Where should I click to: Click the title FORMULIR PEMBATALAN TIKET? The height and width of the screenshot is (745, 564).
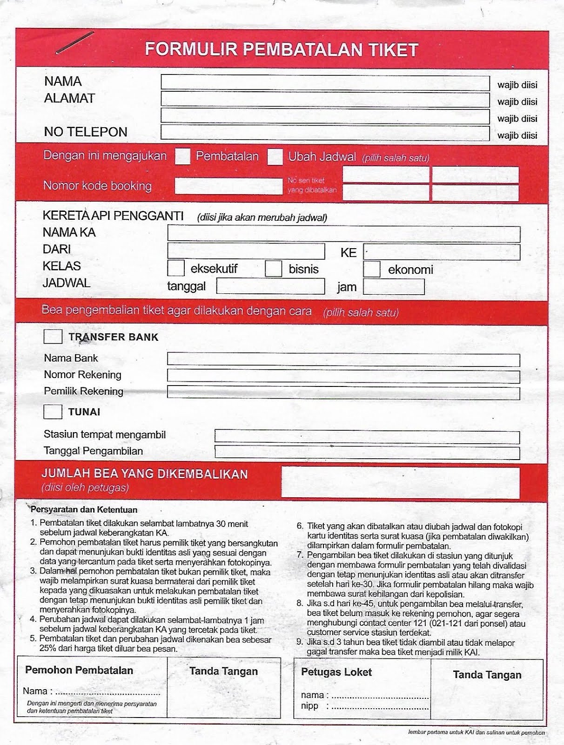coord(282,50)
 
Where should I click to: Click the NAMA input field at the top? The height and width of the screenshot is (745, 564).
coord(325,83)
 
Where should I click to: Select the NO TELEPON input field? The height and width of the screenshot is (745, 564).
coord(325,133)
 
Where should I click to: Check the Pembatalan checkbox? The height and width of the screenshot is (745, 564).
coord(182,156)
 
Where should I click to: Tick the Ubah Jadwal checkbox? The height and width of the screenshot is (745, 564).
coord(275,157)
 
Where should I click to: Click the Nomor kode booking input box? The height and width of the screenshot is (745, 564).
coord(228,186)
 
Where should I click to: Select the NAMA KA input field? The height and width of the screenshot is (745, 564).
coord(343,234)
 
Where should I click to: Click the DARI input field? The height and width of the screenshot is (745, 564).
coord(246,251)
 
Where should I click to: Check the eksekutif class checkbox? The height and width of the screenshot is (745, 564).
coord(176,269)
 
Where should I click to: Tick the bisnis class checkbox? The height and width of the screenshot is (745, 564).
coord(274,269)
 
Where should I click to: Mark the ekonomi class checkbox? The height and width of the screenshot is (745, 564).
coord(372,269)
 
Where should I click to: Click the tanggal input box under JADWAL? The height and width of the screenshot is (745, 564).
coord(270,286)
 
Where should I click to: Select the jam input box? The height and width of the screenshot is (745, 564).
coord(394,287)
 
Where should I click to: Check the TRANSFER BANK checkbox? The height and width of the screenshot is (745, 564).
coord(53,337)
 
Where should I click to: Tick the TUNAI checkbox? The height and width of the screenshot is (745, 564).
coord(53,412)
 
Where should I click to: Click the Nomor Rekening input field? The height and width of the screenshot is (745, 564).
coord(343,376)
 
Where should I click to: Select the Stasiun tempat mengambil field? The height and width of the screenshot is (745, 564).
coord(367,437)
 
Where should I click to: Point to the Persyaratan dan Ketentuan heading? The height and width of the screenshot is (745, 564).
coord(84,510)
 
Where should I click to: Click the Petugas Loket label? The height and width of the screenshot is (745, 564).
coord(336,672)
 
